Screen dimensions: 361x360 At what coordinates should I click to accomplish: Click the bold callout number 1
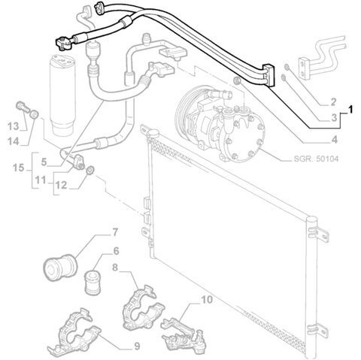tap(350, 110)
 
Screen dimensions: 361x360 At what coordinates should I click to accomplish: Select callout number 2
tap(333, 102)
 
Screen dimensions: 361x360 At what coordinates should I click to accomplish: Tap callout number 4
tap(334, 139)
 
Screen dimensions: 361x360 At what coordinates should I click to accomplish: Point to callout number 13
tap(13, 126)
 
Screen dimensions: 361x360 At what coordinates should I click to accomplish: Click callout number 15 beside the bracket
tap(19, 168)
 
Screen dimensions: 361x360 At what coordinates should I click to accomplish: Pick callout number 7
tap(114, 232)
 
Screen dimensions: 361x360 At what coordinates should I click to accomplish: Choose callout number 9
tap(137, 346)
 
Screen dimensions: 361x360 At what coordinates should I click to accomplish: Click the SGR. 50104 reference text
tap(316, 159)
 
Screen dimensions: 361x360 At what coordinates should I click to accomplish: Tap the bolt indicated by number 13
tap(23, 107)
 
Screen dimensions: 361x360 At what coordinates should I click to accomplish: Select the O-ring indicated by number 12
tap(90, 171)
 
